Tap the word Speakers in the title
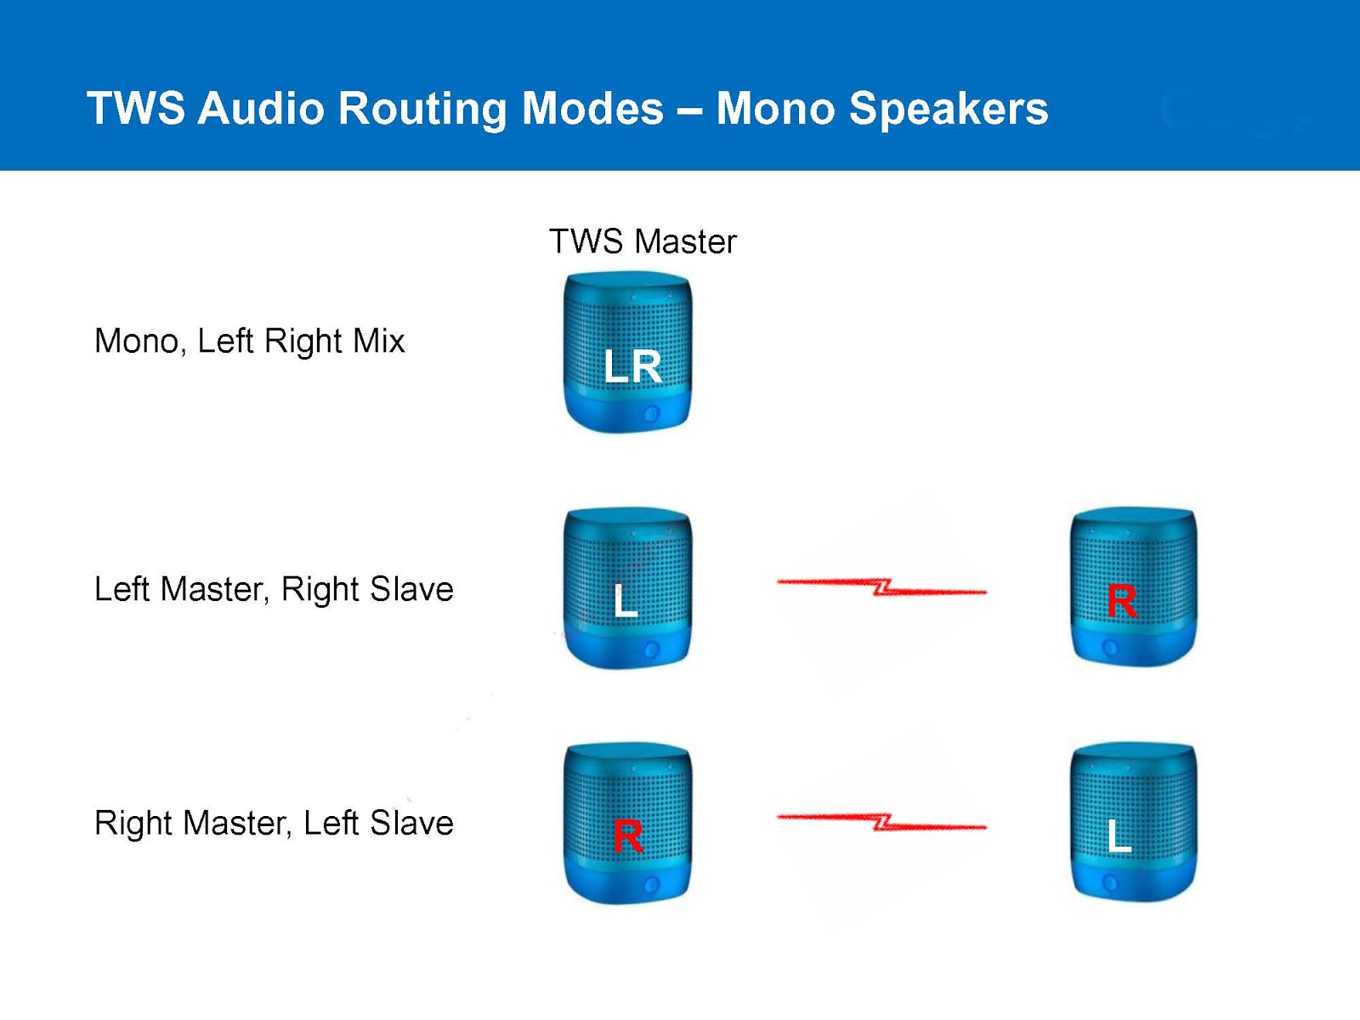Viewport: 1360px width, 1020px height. [x=949, y=109]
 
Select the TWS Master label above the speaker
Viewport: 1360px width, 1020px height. [x=643, y=241]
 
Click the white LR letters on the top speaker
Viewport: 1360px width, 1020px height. [x=632, y=366]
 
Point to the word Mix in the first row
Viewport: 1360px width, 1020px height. [x=379, y=341]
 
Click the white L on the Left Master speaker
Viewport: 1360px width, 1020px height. [x=626, y=600]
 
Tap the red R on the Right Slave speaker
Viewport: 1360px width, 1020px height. [x=1122, y=601]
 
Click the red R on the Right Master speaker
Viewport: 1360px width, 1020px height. [x=628, y=836]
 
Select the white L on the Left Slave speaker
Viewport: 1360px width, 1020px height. [x=1119, y=836]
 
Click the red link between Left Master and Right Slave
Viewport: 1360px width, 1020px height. [x=881, y=586]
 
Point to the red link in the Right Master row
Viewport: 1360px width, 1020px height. [x=881, y=822]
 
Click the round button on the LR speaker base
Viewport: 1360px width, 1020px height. [x=652, y=415]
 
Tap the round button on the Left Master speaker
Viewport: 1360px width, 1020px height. [x=652, y=651]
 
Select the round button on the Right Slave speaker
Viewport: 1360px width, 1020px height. [x=1109, y=649]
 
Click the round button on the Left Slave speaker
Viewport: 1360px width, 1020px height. [x=1109, y=883]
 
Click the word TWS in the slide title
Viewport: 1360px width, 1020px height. [x=136, y=109]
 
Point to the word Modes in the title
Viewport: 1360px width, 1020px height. [x=592, y=109]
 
